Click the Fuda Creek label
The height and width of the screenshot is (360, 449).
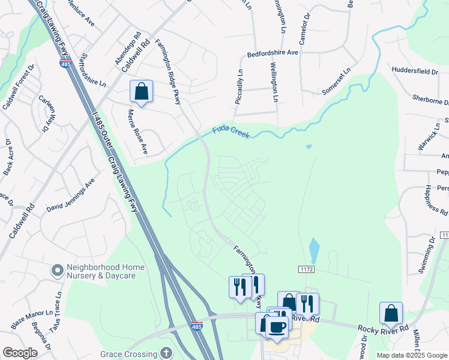(x=231, y=132)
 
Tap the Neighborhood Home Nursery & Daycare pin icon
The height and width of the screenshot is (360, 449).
(x=57, y=271)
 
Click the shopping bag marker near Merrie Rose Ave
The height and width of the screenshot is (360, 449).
(x=141, y=92)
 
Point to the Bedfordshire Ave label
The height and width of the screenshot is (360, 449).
(x=273, y=53)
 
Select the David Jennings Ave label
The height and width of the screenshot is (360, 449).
(x=71, y=196)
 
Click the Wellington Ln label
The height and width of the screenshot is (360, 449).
(x=274, y=82)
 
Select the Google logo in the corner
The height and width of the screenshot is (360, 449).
(x=20, y=353)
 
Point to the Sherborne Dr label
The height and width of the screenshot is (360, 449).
(x=430, y=99)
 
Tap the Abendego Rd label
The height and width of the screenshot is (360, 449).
(x=124, y=53)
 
